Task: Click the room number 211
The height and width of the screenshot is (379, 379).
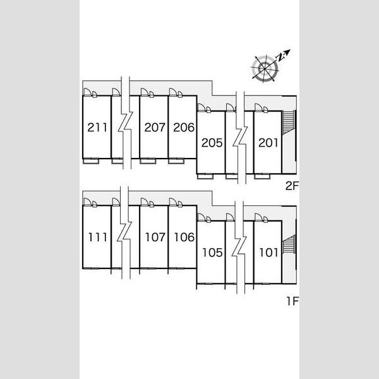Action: (x=97, y=128)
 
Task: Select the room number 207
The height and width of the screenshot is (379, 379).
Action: (x=155, y=128)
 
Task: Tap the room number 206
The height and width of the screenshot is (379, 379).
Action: (x=184, y=128)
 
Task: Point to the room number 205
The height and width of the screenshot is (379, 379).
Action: (x=212, y=143)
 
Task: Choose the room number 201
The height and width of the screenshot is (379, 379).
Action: (x=268, y=143)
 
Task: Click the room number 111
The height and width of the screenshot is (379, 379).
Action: (x=98, y=237)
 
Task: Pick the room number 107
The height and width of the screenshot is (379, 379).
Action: (x=155, y=237)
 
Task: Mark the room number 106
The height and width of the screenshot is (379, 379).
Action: (x=184, y=237)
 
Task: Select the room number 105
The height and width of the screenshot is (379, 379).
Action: (x=212, y=253)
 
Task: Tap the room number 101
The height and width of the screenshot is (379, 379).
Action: (x=269, y=253)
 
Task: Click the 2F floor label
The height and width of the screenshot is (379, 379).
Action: (x=292, y=186)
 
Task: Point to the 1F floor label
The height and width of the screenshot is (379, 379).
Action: (x=292, y=301)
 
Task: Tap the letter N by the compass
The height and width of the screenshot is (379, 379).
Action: (x=280, y=57)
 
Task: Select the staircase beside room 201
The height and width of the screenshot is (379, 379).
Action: (x=289, y=123)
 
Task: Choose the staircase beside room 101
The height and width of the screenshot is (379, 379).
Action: (x=289, y=244)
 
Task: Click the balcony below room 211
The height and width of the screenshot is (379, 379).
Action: (x=91, y=161)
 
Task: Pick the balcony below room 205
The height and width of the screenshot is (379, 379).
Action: (x=205, y=176)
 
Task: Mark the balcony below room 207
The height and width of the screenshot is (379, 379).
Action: (x=148, y=161)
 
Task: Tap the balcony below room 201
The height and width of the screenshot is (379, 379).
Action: (x=262, y=176)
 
